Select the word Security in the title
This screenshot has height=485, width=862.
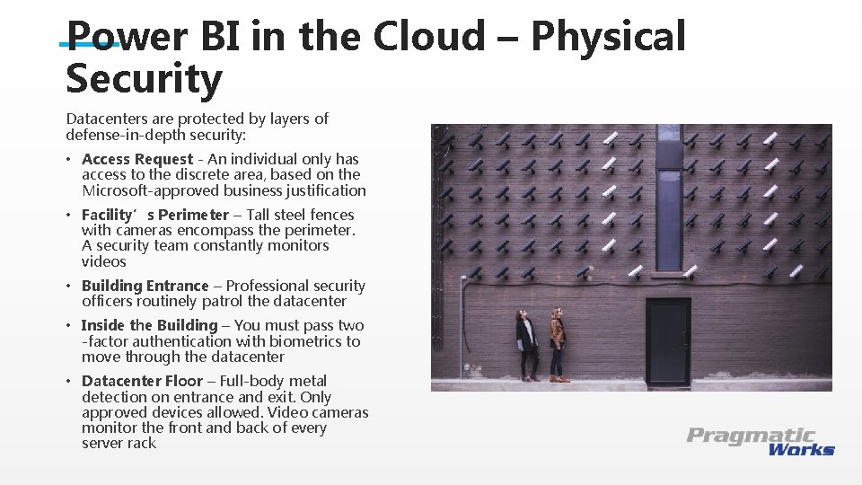pos(144,79)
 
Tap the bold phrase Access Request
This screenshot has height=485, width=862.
pos(136,159)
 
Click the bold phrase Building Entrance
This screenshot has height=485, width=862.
pos(145,286)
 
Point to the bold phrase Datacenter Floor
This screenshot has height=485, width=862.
pos(142,381)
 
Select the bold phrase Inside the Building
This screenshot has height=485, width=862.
pos(149,325)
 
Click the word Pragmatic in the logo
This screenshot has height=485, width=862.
pos(751,436)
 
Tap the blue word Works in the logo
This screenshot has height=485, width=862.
pos(801,449)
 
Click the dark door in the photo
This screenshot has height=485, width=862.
pos(668,342)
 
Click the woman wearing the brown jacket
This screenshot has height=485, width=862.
pos(558,345)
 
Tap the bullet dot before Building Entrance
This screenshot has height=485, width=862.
pos(69,287)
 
